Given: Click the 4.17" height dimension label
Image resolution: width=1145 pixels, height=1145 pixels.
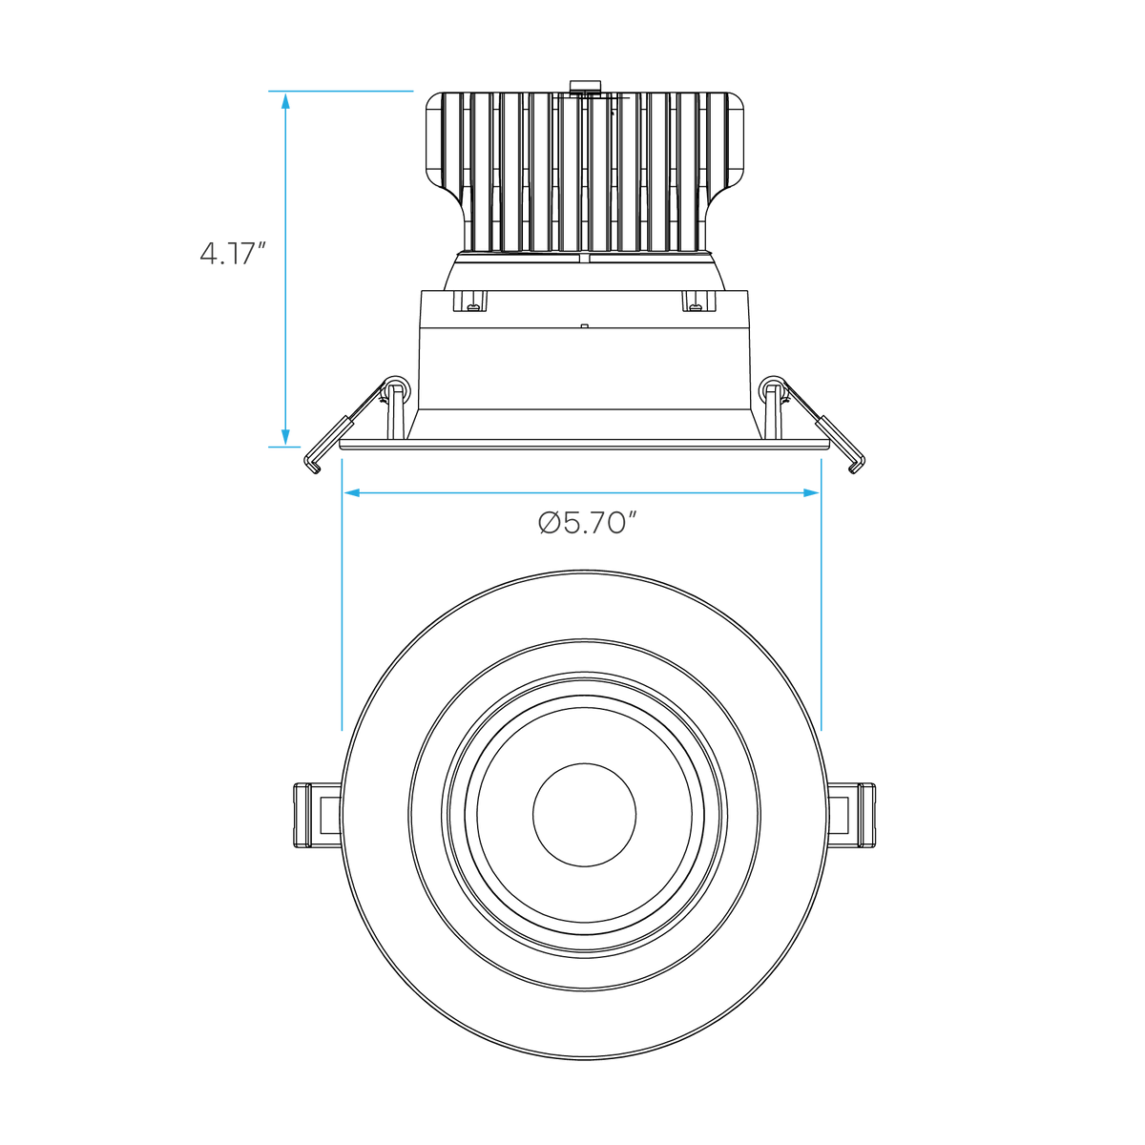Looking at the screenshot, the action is coord(232,254).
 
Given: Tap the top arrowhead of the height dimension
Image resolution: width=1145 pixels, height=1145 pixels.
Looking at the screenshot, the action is coord(285,101).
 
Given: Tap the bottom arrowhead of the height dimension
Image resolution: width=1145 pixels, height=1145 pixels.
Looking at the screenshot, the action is coord(285,436).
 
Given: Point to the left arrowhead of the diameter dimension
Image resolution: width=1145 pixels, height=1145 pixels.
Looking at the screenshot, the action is coord(353,492).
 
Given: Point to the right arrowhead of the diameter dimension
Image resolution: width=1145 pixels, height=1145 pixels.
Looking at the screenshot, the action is coord(810,492).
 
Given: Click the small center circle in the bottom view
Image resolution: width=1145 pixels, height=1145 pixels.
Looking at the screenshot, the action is coord(584,815).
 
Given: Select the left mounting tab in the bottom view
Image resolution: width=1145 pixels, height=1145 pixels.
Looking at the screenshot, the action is coord(318,815).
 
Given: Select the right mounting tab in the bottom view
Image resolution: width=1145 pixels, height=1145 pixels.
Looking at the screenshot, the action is coord(851,815).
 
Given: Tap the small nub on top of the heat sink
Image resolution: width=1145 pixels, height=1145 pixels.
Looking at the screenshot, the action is coord(585,87).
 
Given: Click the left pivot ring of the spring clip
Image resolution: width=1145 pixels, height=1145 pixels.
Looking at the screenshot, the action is coord(397,387).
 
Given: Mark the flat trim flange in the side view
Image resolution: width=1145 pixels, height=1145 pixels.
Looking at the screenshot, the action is coord(584,445).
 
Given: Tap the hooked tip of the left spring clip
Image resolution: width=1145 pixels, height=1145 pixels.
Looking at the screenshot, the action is coord(313,467).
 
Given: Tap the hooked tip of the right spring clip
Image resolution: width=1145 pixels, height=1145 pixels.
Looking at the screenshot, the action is coord(856,467).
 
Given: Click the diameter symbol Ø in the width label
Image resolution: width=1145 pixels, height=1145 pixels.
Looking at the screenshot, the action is coord(549,524).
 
